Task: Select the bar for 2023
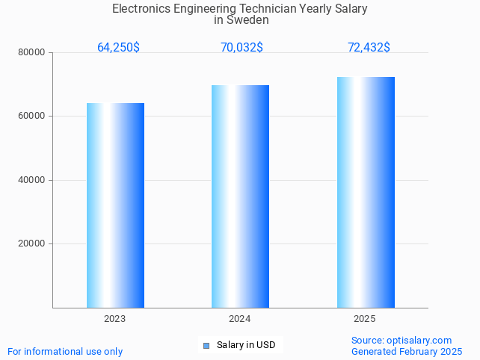(x=115, y=205)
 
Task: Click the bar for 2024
(x=240, y=196)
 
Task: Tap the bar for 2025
(x=366, y=193)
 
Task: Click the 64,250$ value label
(x=118, y=48)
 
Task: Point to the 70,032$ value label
(x=241, y=48)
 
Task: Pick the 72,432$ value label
(x=369, y=48)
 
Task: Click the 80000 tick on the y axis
(x=33, y=53)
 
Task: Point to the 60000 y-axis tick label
(x=33, y=117)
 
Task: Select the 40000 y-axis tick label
(x=33, y=180)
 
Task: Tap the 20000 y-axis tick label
(x=33, y=244)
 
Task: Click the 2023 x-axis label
(x=114, y=319)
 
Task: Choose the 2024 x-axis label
(x=239, y=319)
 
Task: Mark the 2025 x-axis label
(x=364, y=319)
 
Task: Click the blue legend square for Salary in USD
(x=206, y=345)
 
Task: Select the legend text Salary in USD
(x=246, y=345)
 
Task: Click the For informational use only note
(x=65, y=352)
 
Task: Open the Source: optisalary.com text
(x=401, y=341)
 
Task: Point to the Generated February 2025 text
(x=407, y=352)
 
